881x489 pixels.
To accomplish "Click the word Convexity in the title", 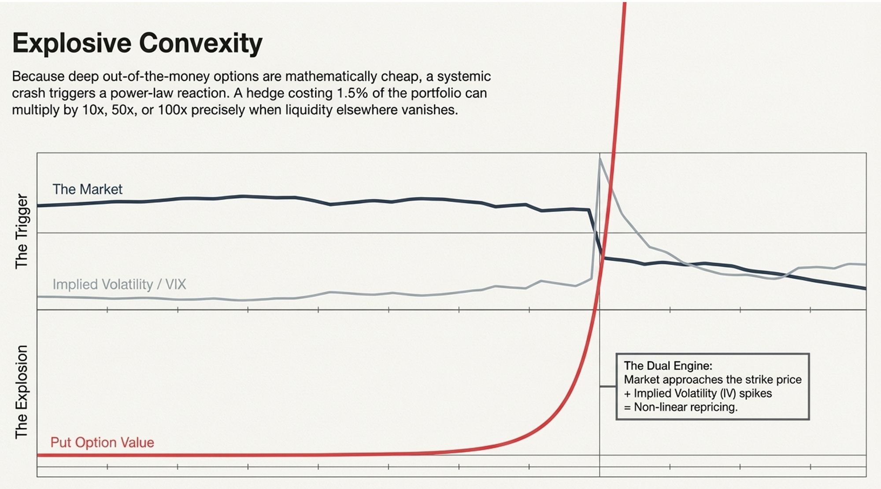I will [201, 43].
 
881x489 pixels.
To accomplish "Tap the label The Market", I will [87, 189].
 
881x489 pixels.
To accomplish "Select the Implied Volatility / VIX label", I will [119, 284].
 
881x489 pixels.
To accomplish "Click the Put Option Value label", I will [102, 442].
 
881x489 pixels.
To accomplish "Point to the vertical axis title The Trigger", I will [21, 231].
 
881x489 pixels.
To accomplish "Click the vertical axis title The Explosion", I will [21, 392].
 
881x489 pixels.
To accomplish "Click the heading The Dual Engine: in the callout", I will [668, 366].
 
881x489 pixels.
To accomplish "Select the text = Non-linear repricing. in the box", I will [681, 407].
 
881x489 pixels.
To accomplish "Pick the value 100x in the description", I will [172, 110].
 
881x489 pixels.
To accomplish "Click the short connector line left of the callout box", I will [608, 386].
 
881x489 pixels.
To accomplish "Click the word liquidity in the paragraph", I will [309, 110].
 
